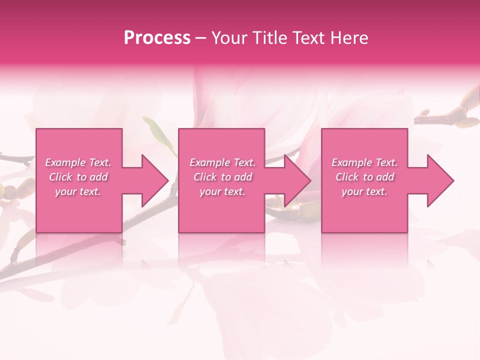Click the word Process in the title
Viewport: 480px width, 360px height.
(x=157, y=38)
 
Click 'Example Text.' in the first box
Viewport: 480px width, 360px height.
(x=78, y=162)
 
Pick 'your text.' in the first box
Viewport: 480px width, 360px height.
(x=78, y=191)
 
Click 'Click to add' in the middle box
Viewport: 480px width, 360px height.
(x=222, y=177)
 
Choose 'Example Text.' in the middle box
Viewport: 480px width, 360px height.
(x=222, y=162)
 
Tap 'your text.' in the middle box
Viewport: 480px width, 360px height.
(x=222, y=191)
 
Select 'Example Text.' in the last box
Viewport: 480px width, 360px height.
(x=364, y=162)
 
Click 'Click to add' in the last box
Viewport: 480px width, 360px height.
(x=364, y=177)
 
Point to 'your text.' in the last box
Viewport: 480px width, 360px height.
(x=364, y=191)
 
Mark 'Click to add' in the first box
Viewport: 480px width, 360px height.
(x=78, y=177)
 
